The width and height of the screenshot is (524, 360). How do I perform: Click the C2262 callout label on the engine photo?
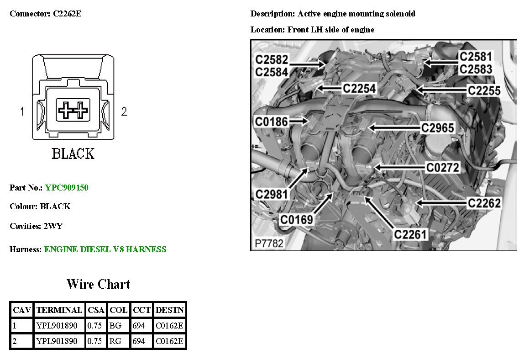(x=484, y=202)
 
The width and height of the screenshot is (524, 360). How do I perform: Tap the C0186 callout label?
(x=271, y=122)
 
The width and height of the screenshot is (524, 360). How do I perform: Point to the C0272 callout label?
(x=442, y=168)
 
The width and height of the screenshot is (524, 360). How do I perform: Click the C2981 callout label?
(x=272, y=194)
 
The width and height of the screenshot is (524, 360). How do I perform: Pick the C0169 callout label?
(x=296, y=220)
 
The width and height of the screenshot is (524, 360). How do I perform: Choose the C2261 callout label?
(x=410, y=234)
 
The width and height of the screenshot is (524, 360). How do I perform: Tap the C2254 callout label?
(x=359, y=88)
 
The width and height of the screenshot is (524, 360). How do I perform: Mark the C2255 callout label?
(x=484, y=90)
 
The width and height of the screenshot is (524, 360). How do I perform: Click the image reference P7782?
(x=269, y=244)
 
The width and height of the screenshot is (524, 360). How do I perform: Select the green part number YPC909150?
(x=67, y=188)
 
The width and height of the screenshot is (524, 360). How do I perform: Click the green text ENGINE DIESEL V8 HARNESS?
(x=105, y=249)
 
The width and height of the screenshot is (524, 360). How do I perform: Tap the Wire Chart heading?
(x=98, y=284)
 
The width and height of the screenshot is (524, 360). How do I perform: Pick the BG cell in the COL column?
(x=115, y=326)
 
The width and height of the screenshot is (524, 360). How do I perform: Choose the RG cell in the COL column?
(x=115, y=341)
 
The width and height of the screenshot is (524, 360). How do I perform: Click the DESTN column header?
(x=170, y=310)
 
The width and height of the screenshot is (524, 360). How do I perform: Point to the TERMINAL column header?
(x=59, y=310)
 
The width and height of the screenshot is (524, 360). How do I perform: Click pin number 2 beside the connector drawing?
(x=124, y=111)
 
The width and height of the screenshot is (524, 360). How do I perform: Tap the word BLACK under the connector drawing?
(x=73, y=154)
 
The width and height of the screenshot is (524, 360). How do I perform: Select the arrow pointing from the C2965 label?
(x=393, y=127)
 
